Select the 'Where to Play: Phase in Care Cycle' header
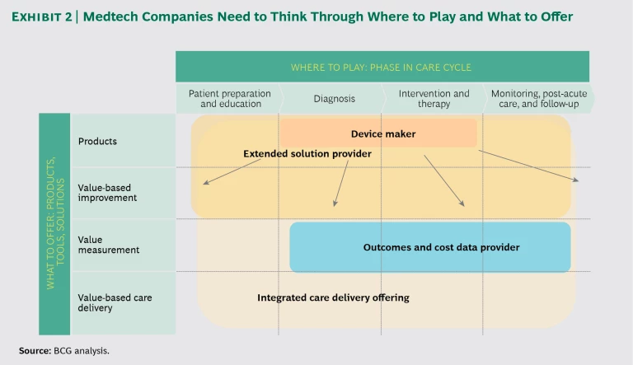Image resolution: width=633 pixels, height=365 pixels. pyautogui.click(x=381, y=67)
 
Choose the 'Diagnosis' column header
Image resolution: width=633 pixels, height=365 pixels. pyautogui.click(x=334, y=99)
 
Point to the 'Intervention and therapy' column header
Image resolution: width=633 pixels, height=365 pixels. pyautogui.click(x=434, y=99)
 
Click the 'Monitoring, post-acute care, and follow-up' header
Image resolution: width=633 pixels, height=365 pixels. pyautogui.click(x=536, y=99)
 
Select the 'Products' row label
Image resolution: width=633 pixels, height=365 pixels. pyautogui.click(x=97, y=141)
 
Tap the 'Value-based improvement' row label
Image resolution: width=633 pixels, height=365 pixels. pyautogui.click(x=107, y=193)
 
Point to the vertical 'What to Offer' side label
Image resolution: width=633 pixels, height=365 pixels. pyautogui.click(x=54, y=222)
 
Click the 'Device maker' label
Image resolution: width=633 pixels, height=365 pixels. pyautogui.click(x=383, y=133)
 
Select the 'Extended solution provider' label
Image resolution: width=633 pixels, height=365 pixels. pyautogui.click(x=307, y=154)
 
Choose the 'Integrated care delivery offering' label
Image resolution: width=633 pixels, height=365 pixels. pyautogui.click(x=333, y=297)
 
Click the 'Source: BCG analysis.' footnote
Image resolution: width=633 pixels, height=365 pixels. pyautogui.click(x=64, y=350)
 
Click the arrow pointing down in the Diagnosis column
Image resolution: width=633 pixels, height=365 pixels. pyautogui.click(x=340, y=183)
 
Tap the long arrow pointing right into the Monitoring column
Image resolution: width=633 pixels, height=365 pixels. pyautogui.click(x=527, y=166)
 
